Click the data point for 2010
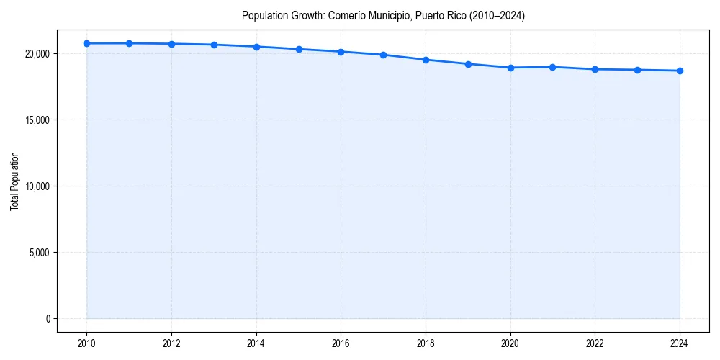87,43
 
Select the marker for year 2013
214,45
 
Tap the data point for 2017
383,55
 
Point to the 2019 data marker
468,64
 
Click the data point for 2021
552,67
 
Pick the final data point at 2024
680,71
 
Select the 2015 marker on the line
299,49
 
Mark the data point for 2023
637,70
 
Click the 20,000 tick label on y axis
37,54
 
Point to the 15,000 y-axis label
37,120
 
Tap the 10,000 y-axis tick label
37,186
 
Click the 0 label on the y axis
48,319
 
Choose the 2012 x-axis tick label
171,343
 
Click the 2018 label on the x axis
426,343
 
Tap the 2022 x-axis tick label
595,343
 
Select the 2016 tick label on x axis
341,343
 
